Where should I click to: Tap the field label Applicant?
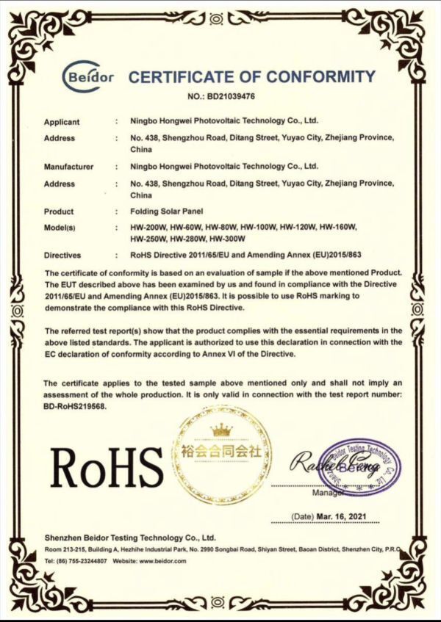pos(62,122)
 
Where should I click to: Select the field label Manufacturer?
pos(68,167)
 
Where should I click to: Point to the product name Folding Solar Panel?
pos(165,211)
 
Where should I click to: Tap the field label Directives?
pos(63,256)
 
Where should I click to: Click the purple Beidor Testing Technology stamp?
pos(360,465)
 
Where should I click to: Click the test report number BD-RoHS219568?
pos(76,405)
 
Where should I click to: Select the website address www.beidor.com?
pos(162,561)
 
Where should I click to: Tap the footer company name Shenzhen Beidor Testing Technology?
pos(129,538)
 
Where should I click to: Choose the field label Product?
pos(59,211)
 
